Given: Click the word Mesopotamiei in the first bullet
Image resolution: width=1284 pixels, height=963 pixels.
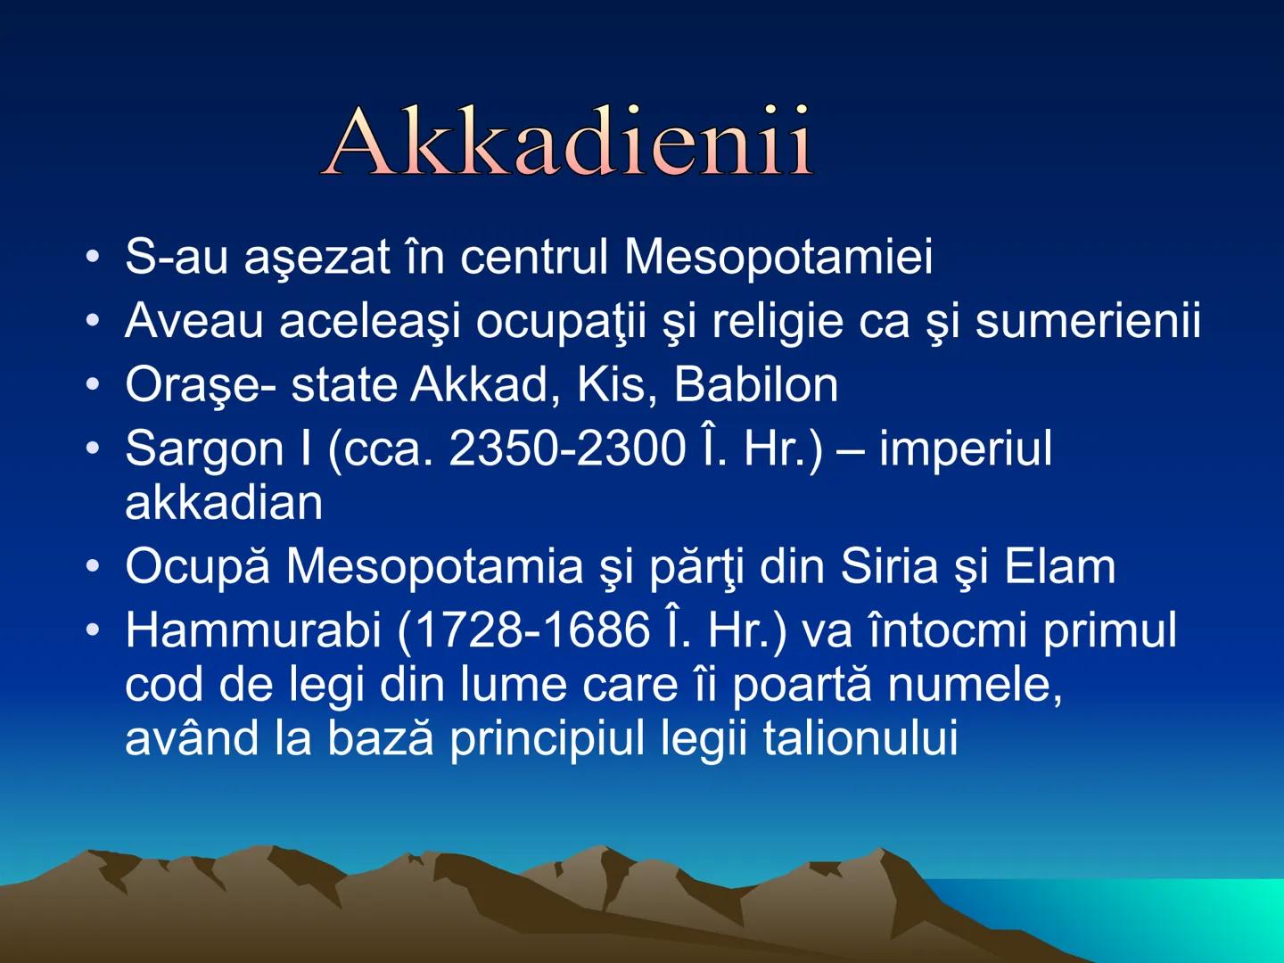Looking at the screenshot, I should click(778, 257).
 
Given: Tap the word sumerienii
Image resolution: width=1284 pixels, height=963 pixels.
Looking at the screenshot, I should click(1088, 321).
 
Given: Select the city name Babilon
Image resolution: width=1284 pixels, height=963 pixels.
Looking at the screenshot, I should click(755, 385).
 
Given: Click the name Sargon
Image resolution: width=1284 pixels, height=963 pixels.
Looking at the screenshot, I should click(204, 449).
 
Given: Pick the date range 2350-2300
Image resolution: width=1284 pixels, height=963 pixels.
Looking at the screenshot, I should click(567, 449).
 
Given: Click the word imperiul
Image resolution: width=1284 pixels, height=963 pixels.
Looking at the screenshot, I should click(965, 449).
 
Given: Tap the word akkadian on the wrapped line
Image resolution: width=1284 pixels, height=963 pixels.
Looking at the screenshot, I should click(224, 503).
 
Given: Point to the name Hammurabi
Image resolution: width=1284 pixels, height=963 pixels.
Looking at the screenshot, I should click(253, 630).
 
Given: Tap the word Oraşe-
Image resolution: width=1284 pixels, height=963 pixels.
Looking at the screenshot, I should click(201, 385).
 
